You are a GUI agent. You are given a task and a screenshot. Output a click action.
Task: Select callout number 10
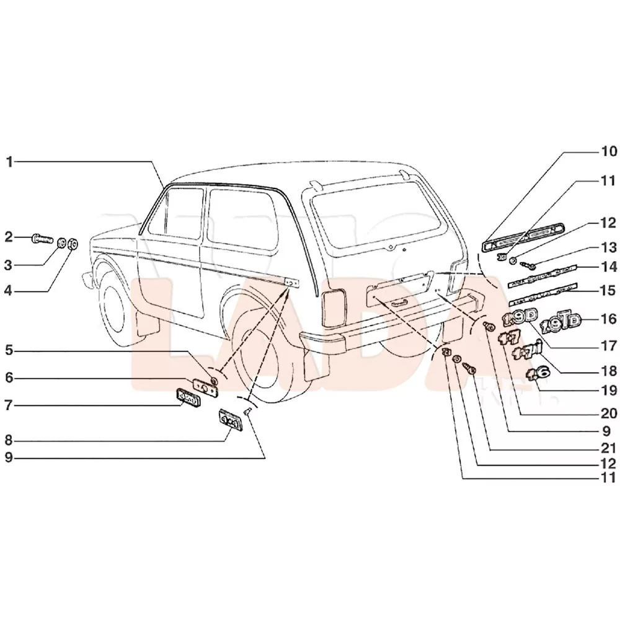coord(608,151)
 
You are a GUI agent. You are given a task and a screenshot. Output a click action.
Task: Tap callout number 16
coord(608,319)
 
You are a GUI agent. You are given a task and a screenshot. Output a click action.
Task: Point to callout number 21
coord(608,448)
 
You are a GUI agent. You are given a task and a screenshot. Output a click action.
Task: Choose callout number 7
coord(9,405)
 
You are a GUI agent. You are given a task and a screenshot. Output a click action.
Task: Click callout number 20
coord(608,412)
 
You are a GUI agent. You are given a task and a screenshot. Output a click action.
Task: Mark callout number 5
coord(9,351)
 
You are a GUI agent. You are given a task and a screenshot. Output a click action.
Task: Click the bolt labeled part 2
coord(42,237)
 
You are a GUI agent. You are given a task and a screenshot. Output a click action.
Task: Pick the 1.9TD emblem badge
coord(562,322)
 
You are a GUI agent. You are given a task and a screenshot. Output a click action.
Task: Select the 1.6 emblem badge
coord(537,373)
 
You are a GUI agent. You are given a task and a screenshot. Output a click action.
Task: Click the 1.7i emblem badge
coord(529,351)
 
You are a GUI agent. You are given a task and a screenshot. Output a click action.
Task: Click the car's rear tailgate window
coord(378,220)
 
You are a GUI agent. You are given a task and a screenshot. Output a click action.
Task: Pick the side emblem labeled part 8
coord(229,420)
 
